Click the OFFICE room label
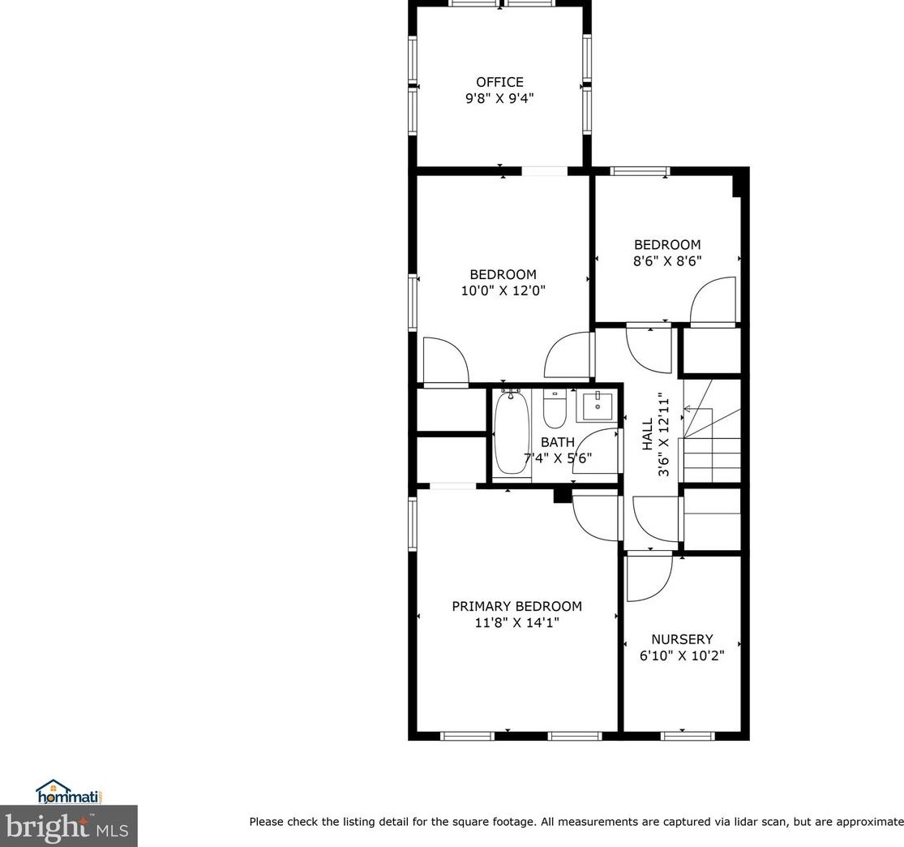tap(499, 82)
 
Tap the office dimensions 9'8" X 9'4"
tap(499, 98)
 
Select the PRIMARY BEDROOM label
tap(516, 606)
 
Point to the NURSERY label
tap(682, 638)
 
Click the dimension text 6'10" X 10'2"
tap(682, 656)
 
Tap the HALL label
tap(648, 435)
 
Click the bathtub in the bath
tap(511, 431)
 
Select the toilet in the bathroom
tap(555, 409)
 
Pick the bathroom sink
tap(598, 406)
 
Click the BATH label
tap(558, 442)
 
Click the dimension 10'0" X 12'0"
tap(503, 290)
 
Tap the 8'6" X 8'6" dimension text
tap(667, 260)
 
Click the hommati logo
tap(69, 792)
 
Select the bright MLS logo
tap(69, 826)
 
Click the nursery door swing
tap(649, 578)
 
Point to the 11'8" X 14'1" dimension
tap(516, 622)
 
